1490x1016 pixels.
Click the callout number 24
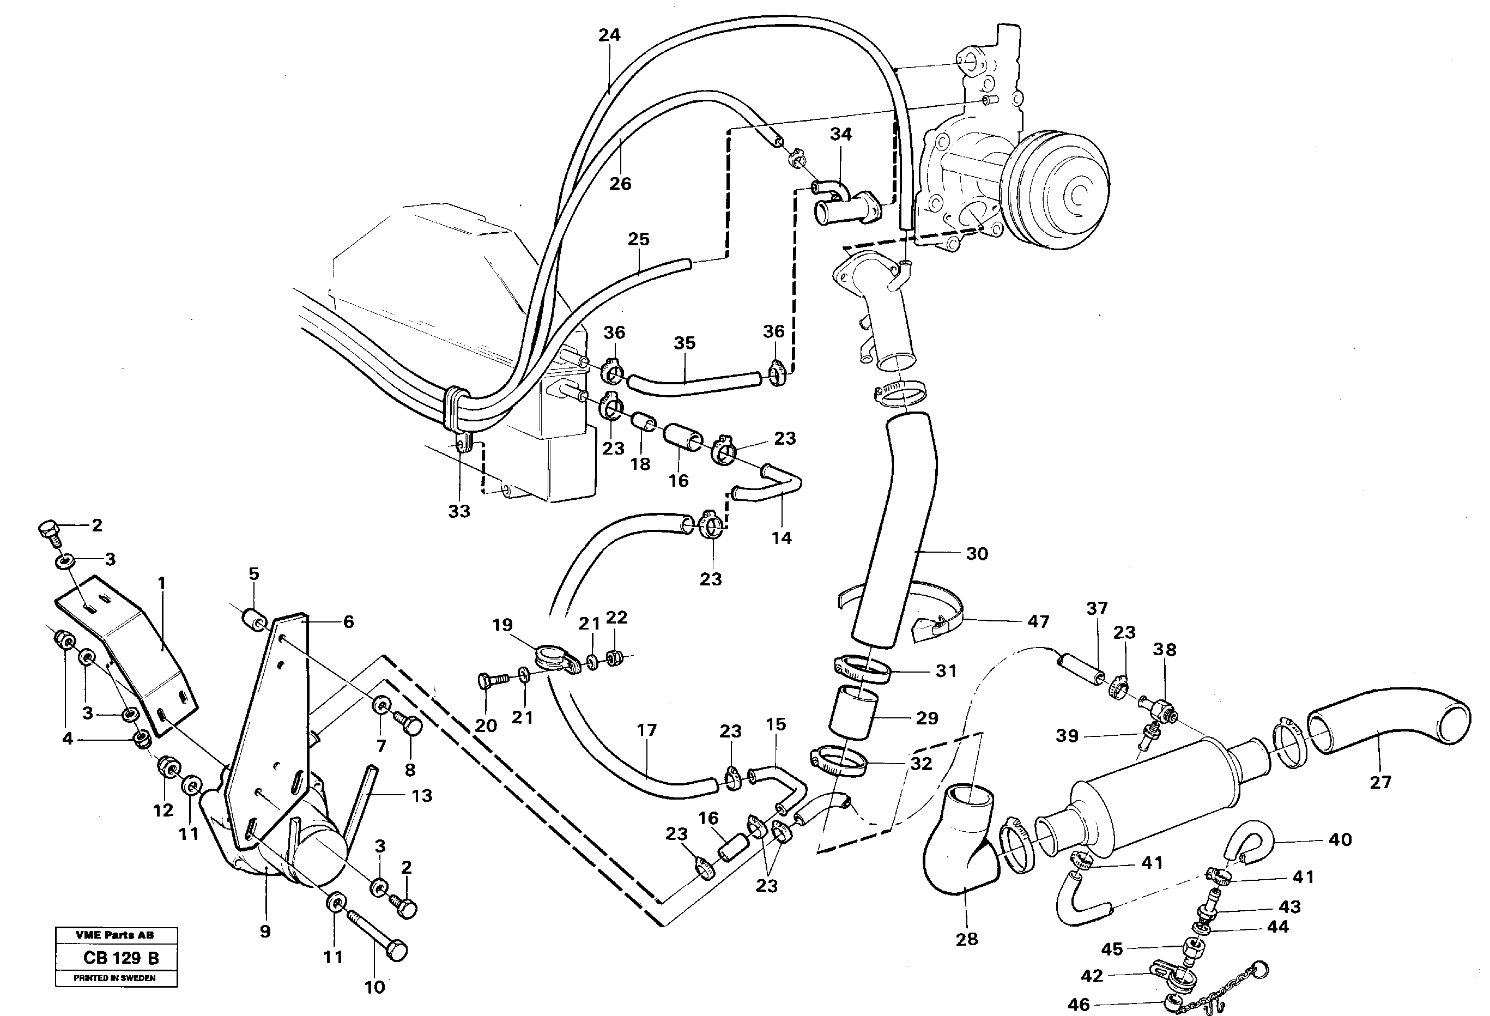609,35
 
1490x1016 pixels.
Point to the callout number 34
840,134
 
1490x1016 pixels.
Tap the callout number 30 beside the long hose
977,554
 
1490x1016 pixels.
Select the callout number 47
1038,621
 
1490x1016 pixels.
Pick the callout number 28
966,939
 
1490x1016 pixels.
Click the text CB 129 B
120,958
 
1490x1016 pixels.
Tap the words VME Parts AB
115,935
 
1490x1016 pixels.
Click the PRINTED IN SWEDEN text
115,978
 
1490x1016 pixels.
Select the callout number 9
265,932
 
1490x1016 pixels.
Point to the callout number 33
458,511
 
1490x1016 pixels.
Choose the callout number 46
1079,1005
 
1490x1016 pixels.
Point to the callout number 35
684,343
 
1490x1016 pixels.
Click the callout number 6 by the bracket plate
348,621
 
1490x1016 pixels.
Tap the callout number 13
421,795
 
